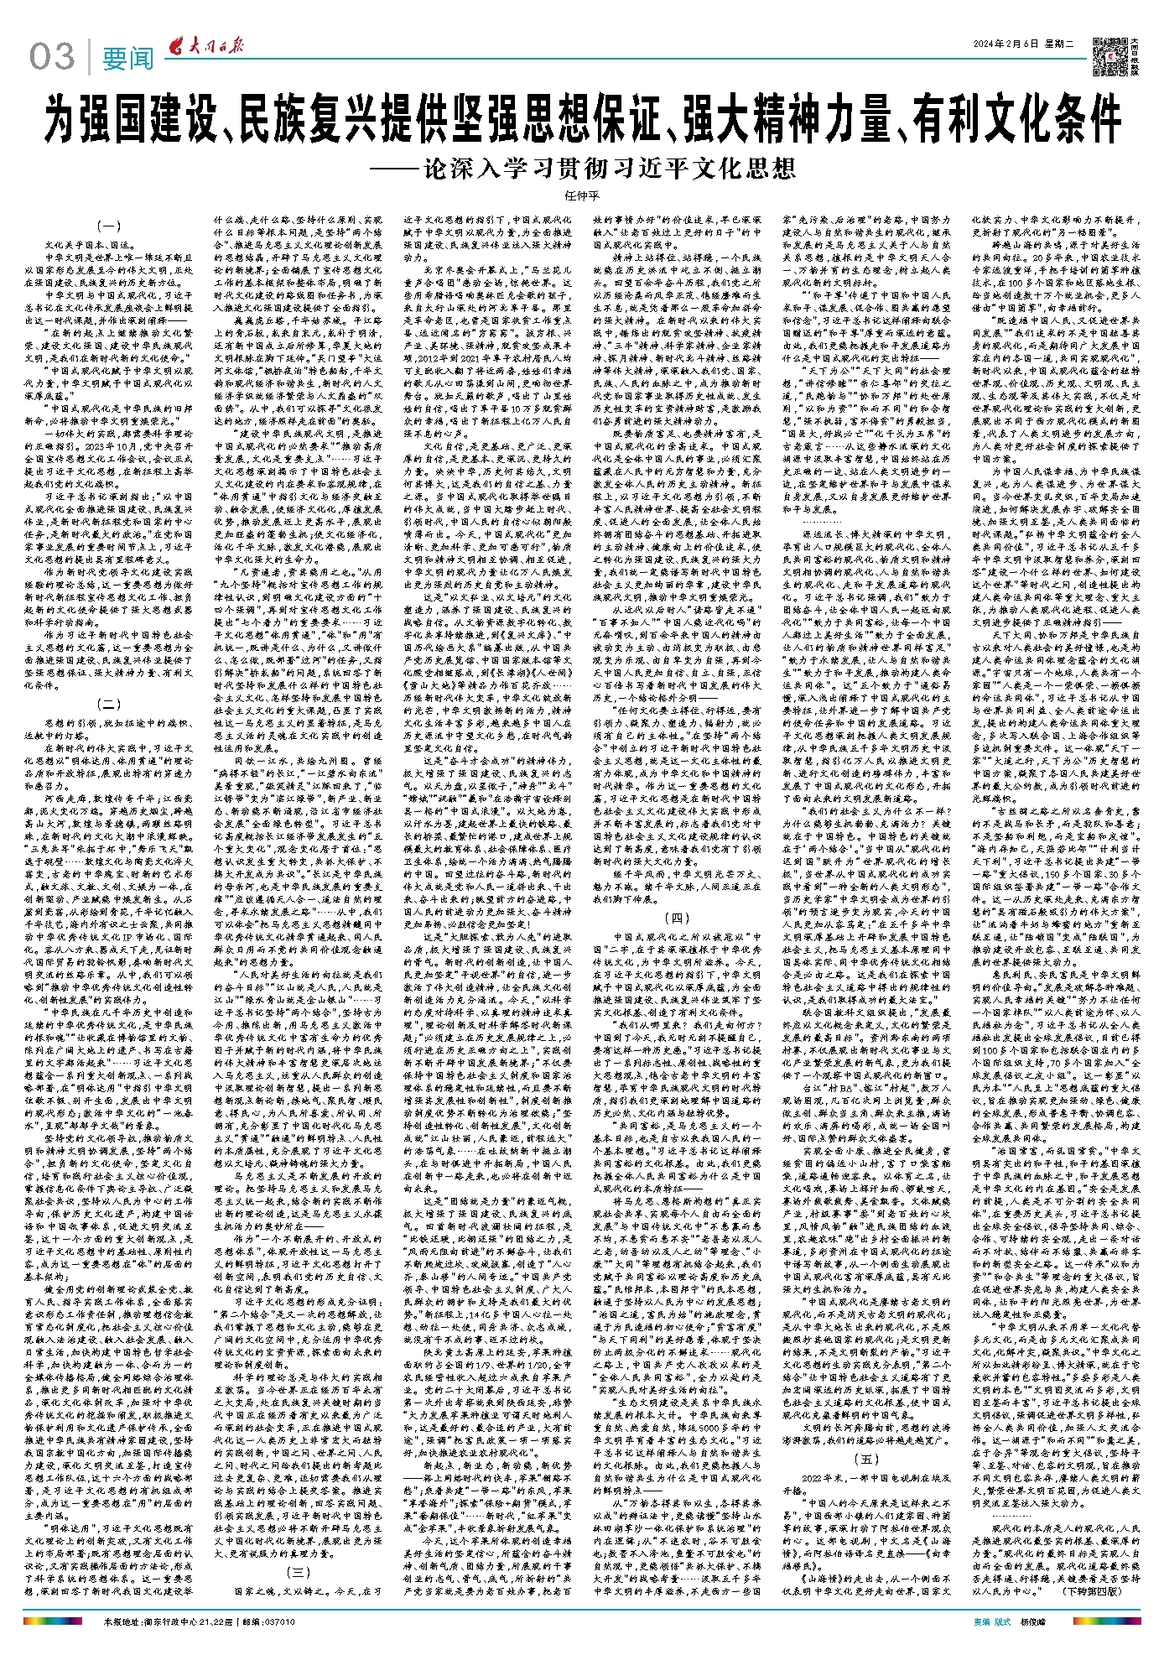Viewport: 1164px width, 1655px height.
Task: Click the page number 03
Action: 52,58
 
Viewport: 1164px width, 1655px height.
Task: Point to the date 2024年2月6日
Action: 1003,44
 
